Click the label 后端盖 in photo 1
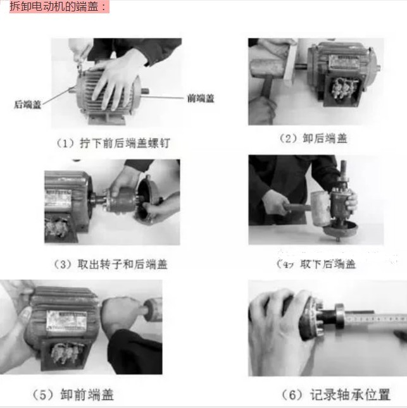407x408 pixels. [x=27, y=105]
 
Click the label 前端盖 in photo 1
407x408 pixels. [x=201, y=98]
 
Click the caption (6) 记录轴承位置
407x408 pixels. [x=335, y=395]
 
